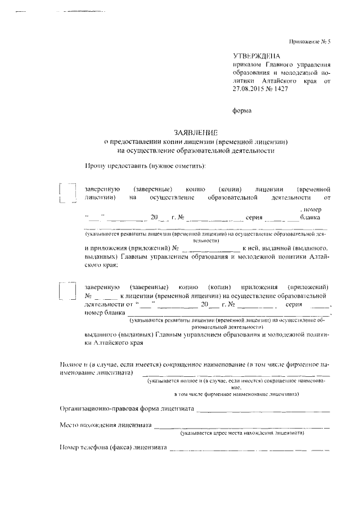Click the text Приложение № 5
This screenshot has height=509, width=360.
coord(309,42)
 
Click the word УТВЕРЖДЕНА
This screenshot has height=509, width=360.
coord(256,56)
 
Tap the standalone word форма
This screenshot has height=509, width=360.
coord(242,111)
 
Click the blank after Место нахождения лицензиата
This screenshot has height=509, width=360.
coord(242,427)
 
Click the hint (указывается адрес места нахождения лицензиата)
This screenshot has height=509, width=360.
coord(242,434)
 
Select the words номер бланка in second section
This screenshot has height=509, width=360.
coord(103,313)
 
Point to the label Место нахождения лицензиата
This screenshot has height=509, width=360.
coord(105,426)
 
